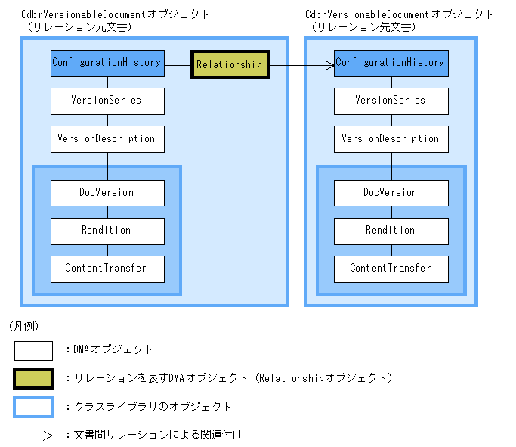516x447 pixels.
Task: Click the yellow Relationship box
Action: (x=229, y=64)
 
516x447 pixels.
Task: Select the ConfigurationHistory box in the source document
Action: (x=107, y=63)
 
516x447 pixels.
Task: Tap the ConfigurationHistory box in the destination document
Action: (x=391, y=63)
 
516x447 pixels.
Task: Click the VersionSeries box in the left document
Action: (x=107, y=101)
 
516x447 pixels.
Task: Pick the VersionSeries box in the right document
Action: (x=391, y=101)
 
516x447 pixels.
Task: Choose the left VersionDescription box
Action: (x=107, y=139)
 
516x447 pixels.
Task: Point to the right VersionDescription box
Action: (x=391, y=139)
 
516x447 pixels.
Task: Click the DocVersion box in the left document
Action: (x=107, y=193)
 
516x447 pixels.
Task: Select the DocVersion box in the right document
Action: (x=391, y=193)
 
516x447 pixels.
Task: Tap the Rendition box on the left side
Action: (x=107, y=231)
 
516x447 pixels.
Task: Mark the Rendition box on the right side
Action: (x=391, y=231)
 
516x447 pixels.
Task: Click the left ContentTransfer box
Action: (x=107, y=269)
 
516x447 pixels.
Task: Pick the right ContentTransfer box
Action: (x=391, y=269)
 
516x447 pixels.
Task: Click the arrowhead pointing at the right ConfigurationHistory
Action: (x=330, y=66)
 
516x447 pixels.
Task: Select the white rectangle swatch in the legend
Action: (x=33, y=350)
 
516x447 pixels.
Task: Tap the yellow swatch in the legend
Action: (x=33, y=378)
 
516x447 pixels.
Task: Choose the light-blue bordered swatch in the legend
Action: (x=33, y=407)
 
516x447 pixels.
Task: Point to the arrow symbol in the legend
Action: (x=33, y=436)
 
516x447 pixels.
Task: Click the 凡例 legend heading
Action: (x=23, y=327)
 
